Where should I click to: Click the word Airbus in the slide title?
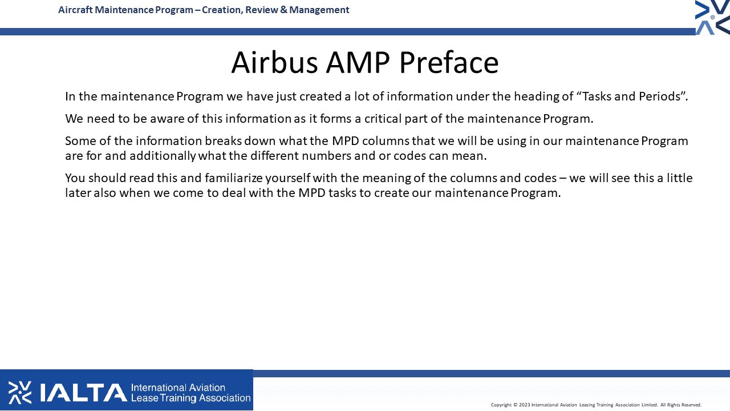point(274,62)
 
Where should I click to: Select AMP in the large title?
point(358,62)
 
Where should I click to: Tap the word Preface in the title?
point(449,62)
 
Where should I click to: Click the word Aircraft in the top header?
point(75,10)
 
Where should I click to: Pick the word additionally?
point(163,156)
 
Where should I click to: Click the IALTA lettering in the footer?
point(83,392)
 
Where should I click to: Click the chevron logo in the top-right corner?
point(712,17)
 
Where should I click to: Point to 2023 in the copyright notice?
point(524,405)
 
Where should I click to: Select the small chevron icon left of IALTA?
point(20,392)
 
